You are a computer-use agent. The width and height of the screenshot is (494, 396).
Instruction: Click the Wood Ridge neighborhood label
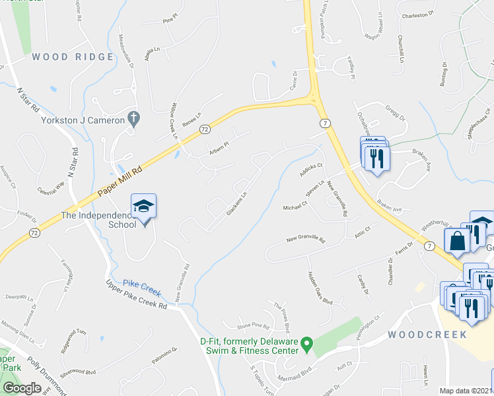pyautogui.click(x=73, y=57)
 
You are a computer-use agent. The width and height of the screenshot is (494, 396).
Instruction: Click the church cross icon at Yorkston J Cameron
pyautogui.click(x=133, y=119)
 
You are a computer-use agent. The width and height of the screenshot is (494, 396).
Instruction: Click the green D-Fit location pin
pyautogui.click(x=306, y=344)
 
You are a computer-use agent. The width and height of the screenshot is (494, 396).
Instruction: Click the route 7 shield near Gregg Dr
pyautogui.click(x=324, y=123)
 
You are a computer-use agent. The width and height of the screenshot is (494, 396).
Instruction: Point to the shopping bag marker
pyautogui.click(x=456, y=242)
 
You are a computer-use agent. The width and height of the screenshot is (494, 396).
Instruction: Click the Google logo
pyautogui.click(x=22, y=388)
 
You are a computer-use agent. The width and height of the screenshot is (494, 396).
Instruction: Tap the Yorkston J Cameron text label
pyautogui.click(x=83, y=120)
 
